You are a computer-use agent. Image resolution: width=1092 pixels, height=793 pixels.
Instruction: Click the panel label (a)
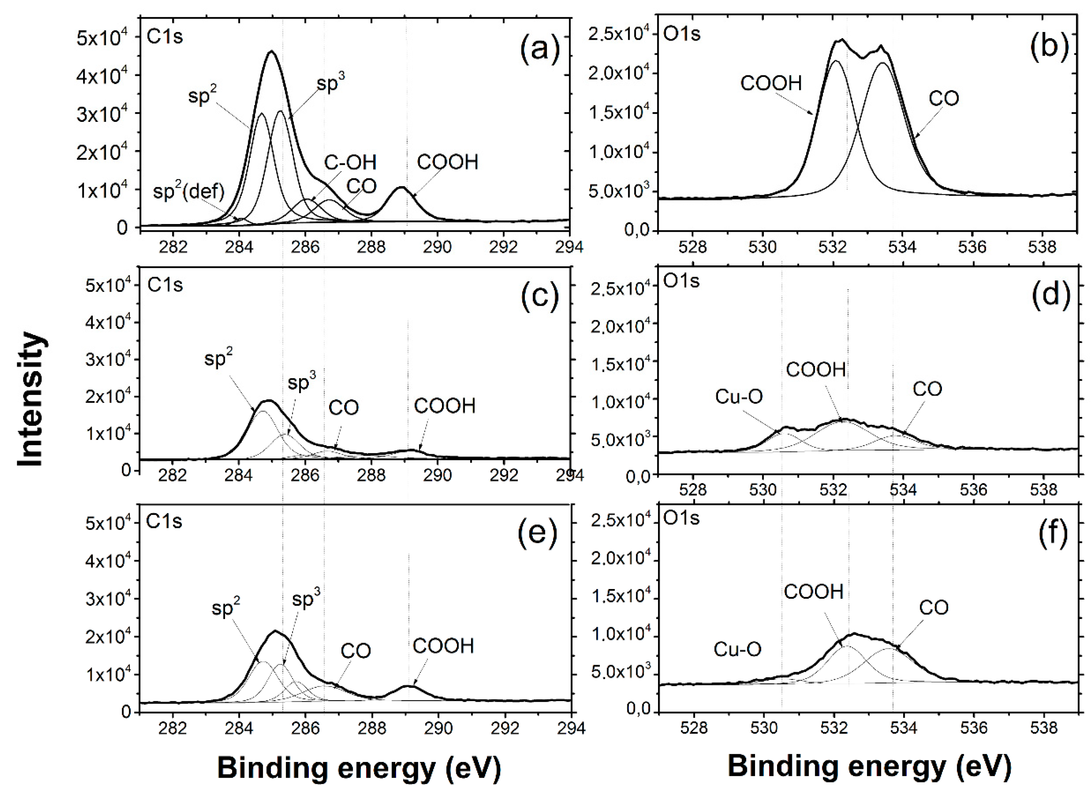point(539,49)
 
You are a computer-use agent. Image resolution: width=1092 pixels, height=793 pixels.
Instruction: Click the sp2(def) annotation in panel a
point(189,192)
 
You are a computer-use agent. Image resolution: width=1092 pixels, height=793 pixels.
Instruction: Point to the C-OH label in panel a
point(350,163)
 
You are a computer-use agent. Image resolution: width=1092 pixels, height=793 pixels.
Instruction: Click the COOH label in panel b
point(771,83)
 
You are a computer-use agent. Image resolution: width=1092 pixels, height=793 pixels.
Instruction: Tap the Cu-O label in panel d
point(739,397)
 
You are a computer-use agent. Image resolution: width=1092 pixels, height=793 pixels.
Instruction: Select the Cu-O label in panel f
point(737,649)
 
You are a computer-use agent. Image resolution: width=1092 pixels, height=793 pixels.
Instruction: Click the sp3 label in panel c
point(302,382)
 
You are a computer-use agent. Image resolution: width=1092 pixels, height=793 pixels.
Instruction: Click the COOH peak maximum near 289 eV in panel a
point(402,187)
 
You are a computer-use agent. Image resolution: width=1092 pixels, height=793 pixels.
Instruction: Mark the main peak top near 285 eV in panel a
point(272,51)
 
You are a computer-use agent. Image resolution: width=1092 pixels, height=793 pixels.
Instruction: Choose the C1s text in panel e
point(165,521)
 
